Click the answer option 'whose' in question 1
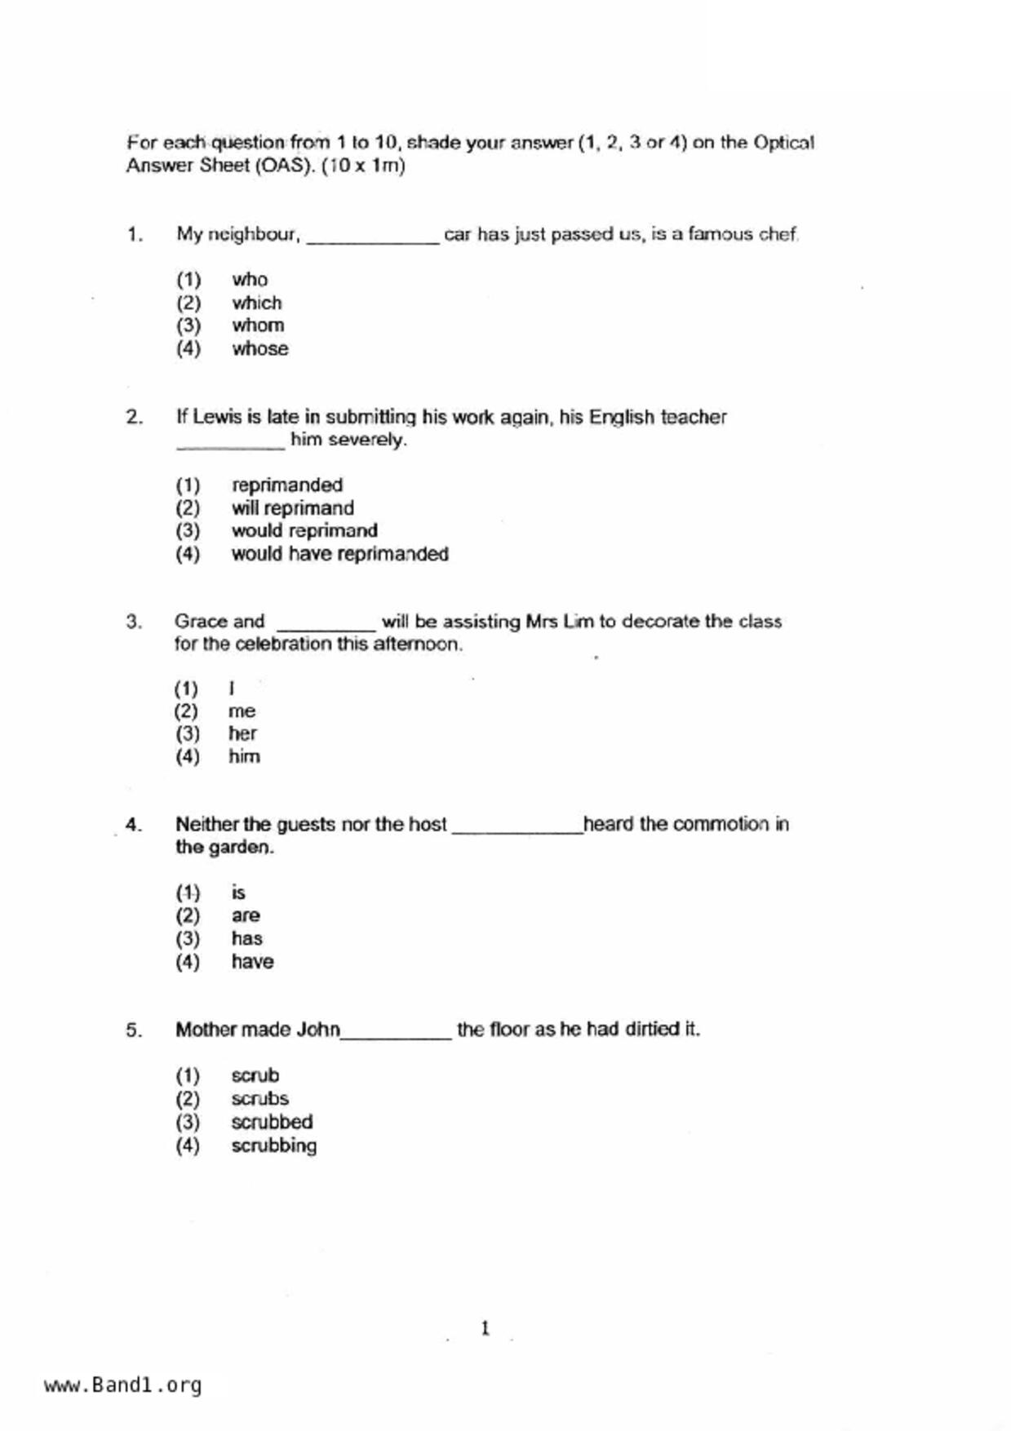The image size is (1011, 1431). [259, 348]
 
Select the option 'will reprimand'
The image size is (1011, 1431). [292, 508]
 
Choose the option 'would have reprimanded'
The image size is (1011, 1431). [339, 554]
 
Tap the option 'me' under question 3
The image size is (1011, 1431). [242, 711]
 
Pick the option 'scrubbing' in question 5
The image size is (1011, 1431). [273, 1145]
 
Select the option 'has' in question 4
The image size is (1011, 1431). [246, 938]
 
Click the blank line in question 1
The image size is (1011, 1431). [373, 240]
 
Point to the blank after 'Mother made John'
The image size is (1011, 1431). [396, 1035]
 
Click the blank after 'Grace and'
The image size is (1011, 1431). [326, 627]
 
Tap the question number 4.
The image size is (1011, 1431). [133, 825]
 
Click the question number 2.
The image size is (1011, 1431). [134, 418]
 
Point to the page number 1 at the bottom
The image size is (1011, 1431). [486, 1328]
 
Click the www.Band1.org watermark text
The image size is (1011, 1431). [122, 1385]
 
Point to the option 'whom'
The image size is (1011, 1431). [258, 326]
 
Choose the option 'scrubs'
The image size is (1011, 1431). [259, 1099]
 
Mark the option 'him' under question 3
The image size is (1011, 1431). [244, 757]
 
